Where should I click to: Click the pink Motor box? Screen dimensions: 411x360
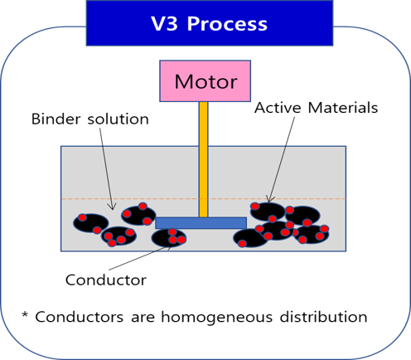[x=205, y=81]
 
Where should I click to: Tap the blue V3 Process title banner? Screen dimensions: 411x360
[x=210, y=23]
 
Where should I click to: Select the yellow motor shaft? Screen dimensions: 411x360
[x=203, y=159]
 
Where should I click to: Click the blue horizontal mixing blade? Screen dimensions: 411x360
[x=201, y=223]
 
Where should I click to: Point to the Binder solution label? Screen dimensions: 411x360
[x=90, y=119]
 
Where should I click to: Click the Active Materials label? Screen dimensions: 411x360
[x=316, y=108]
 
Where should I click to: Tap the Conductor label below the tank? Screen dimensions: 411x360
[x=106, y=280]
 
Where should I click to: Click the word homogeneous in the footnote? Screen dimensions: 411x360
[x=217, y=318]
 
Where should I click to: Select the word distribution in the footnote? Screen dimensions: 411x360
[x=323, y=317]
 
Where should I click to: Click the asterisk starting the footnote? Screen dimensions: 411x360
[x=25, y=314]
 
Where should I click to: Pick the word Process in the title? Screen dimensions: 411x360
[x=227, y=24]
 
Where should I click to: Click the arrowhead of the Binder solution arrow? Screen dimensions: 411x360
[x=113, y=207]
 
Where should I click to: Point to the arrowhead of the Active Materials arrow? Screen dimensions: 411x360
[x=269, y=199]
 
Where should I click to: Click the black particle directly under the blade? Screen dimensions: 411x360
[x=169, y=238]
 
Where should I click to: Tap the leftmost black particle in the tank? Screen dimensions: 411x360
[x=91, y=223]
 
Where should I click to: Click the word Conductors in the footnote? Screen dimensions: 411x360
[x=80, y=317]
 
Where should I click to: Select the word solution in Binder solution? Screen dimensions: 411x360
[x=118, y=119]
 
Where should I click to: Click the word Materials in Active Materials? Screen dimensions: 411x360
[x=343, y=108]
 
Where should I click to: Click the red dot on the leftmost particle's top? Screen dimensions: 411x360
[x=82, y=217]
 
